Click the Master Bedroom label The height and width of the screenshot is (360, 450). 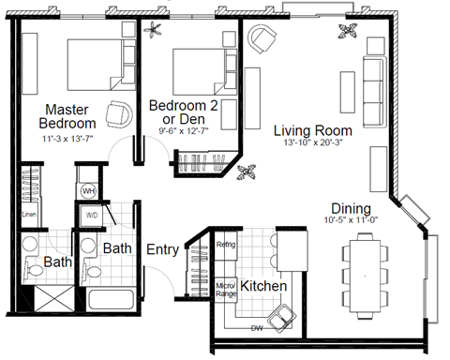(x=67, y=115)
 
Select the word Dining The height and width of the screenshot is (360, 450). (x=352, y=208)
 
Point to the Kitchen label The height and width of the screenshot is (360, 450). (x=257, y=284)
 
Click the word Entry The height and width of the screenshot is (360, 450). (x=163, y=249)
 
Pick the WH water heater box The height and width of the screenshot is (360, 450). (x=90, y=190)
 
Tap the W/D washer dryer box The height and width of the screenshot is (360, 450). (x=93, y=213)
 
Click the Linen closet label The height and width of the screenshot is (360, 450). (x=28, y=214)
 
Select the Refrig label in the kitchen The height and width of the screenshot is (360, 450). (x=226, y=245)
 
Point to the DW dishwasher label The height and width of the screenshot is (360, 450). (x=256, y=328)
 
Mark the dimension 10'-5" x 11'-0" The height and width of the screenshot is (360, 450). (x=352, y=220)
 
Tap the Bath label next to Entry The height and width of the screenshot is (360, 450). (x=116, y=249)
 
